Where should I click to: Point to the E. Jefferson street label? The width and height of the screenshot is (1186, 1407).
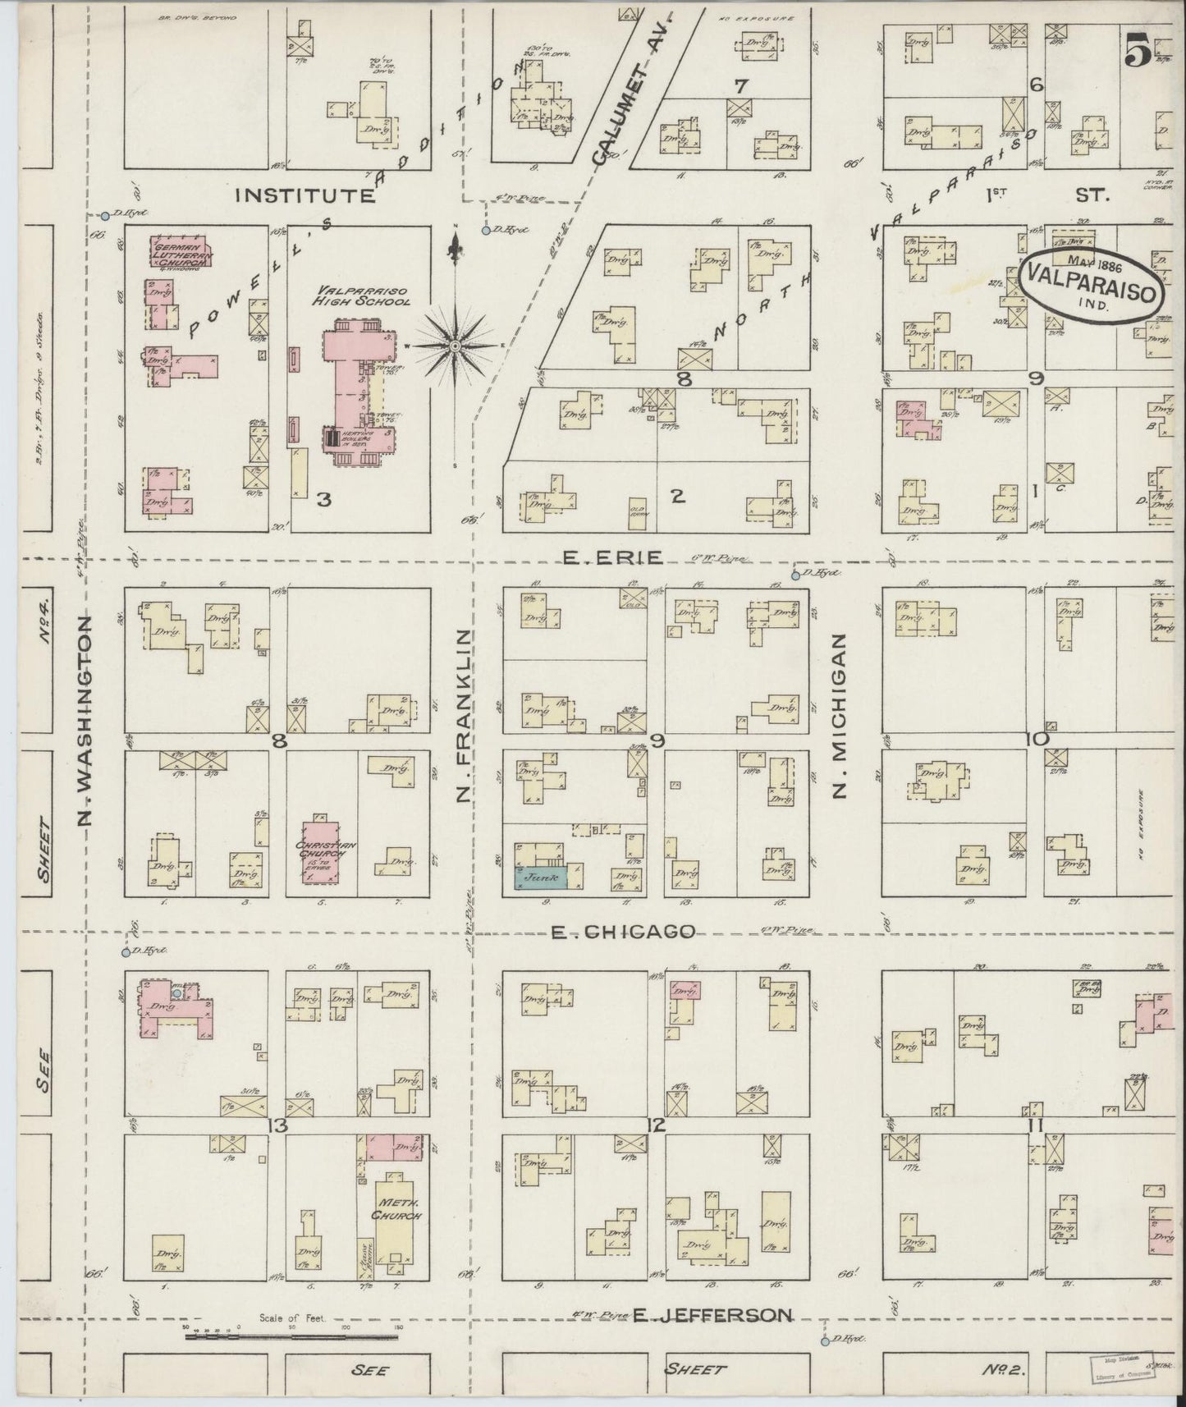tap(711, 1315)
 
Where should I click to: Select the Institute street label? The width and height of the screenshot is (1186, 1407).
tap(305, 195)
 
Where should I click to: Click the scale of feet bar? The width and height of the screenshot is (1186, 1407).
tap(291, 1336)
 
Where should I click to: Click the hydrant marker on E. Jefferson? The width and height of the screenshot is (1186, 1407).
tap(824, 1341)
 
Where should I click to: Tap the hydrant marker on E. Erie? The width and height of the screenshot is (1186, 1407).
tap(795, 575)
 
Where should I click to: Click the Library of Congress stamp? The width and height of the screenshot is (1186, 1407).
tap(1120, 1365)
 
